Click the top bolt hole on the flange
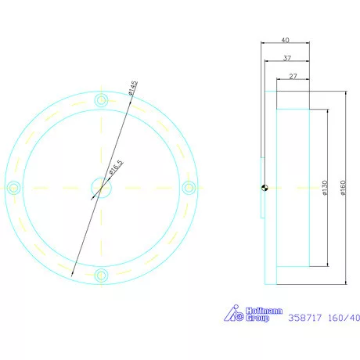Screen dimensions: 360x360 click(x=101, y=100)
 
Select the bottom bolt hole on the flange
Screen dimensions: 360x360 click(x=101, y=274)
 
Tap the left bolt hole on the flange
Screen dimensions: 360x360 click(x=13, y=187)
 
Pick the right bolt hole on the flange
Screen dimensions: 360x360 click(x=188, y=187)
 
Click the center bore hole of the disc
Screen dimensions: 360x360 click(x=101, y=187)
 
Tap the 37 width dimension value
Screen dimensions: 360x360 click(x=287, y=59)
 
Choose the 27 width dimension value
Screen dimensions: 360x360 click(x=293, y=77)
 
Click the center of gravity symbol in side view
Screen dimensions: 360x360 click(x=265, y=186)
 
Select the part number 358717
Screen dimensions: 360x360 click(x=306, y=318)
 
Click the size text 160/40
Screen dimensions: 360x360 click(x=345, y=318)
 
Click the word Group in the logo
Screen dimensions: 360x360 click(x=257, y=319)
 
